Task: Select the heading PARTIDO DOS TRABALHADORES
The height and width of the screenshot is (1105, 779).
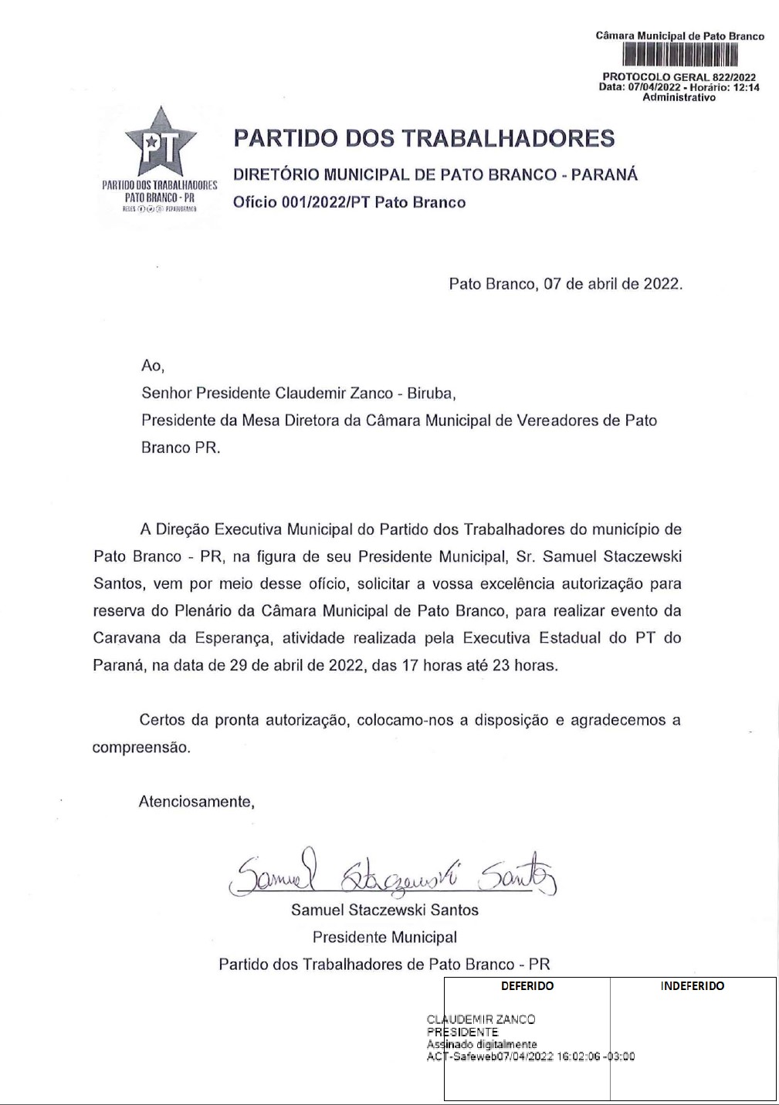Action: click(424, 139)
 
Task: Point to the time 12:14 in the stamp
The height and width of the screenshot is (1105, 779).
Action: click(746, 87)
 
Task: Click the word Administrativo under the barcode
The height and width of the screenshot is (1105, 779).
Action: click(679, 97)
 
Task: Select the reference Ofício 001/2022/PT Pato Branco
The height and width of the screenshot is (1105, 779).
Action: click(350, 202)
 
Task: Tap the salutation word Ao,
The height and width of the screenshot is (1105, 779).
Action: click(153, 366)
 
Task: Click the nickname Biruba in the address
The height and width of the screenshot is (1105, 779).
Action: click(432, 394)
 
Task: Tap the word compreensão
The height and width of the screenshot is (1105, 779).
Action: click(141, 748)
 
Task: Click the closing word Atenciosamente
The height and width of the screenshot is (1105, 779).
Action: click(196, 802)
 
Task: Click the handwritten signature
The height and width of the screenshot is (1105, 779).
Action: click(393, 875)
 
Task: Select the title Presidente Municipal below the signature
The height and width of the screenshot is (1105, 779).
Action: click(384, 938)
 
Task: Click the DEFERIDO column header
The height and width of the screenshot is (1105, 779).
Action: click(527, 986)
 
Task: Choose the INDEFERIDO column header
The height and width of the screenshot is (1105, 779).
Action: click(693, 986)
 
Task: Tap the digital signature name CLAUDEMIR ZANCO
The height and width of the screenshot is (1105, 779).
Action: click(481, 1019)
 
